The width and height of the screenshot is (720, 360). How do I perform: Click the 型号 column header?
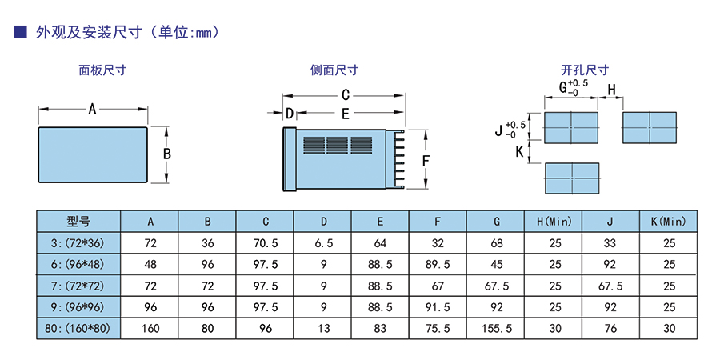(x=78, y=222)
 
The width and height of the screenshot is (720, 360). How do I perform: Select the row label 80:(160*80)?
(x=78, y=328)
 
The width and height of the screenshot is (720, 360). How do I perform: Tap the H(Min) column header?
(x=554, y=222)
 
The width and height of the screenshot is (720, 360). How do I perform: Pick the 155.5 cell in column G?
(x=496, y=328)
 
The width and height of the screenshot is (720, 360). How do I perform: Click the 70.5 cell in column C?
(x=266, y=243)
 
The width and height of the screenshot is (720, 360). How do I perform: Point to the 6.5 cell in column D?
(x=324, y=243)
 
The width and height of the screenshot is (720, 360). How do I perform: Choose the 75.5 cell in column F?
(x=438, y=328)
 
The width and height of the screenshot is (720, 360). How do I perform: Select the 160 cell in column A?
(x=150, y=328)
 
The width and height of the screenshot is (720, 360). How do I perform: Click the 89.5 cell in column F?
(x=438, y=265)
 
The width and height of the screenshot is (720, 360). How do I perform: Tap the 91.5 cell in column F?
(x=438, y=307)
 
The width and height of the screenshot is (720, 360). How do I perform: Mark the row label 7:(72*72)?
(x=78, y=286)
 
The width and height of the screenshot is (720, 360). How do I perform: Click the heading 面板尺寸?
(x=103, y=70)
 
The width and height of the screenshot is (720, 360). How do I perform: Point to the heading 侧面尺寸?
(x=334, y=70)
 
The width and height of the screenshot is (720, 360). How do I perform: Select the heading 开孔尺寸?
(x=585, y=70)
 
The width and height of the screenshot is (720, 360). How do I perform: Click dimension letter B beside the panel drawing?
(x=167, y=154)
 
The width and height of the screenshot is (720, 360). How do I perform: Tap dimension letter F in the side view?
(x=426, y=161)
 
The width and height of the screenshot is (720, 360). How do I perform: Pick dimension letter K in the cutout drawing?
(x=519, y=151)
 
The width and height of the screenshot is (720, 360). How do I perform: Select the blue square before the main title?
(x=20, y=32)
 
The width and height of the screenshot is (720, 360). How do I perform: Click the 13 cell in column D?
(x=324, y=328)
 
